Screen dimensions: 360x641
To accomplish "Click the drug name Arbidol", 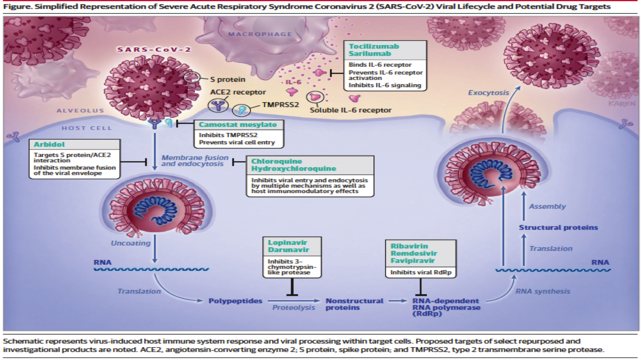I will [49, 145].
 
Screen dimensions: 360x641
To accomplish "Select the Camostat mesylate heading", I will [238, 125].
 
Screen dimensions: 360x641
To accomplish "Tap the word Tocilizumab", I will [374, 46].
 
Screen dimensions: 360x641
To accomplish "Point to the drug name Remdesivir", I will [414, 253].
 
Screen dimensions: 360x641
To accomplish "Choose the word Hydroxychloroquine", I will [293, 169].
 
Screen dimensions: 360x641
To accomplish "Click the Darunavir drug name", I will [288, 250].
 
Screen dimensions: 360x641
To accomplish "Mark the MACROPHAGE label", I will [260, 34].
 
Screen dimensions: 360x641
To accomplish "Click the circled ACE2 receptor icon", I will [218, 106].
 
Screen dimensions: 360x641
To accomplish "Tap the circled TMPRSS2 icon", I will [241, 110].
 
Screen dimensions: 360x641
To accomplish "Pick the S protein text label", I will [228, 79].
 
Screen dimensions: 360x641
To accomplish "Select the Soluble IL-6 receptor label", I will [351, 110].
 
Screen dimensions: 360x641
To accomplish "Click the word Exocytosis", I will [488, 93].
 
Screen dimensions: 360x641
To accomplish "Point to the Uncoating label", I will [131, 243].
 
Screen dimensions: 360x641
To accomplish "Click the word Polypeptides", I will [235, 301].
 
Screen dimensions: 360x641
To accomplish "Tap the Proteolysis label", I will [293, 308].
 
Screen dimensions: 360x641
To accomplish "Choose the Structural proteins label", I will [558, 228].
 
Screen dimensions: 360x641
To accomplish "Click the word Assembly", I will [548, 207].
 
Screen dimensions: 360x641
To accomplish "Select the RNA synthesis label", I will [543, 292].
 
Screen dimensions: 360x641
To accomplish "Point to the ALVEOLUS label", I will [80, 111].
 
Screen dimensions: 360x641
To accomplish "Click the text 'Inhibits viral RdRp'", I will [421, 273].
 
